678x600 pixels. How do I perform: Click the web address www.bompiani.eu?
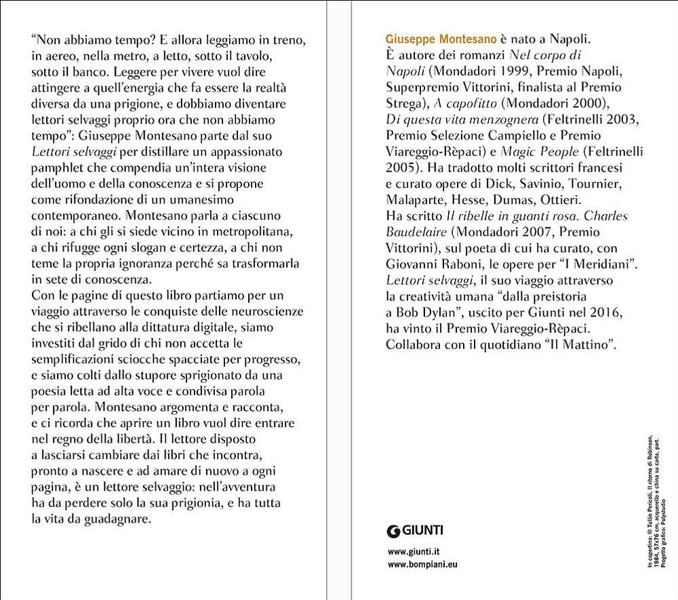point(422,564)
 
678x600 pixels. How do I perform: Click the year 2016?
point(604,313)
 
